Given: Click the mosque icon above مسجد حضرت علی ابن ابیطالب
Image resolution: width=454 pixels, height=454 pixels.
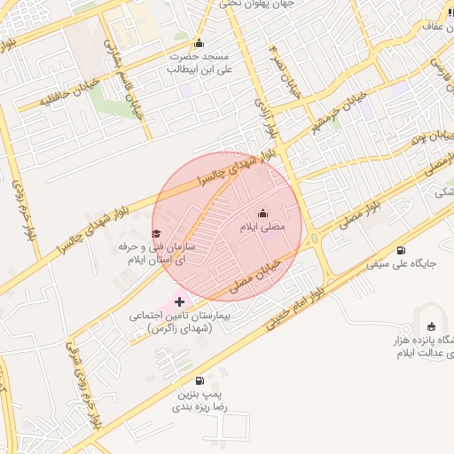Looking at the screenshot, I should tap(198, 43).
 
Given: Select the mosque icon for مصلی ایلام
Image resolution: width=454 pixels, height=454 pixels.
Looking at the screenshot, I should tap(262, 214).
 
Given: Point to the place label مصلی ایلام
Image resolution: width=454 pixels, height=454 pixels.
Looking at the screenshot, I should tap(263, 228).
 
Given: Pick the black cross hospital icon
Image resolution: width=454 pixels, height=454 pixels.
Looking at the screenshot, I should tap(180, 302).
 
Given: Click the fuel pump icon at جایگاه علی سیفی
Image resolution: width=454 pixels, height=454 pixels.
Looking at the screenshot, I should tap(402, 249).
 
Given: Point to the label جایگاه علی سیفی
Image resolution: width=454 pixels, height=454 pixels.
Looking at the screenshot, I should tap(403, 263).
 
